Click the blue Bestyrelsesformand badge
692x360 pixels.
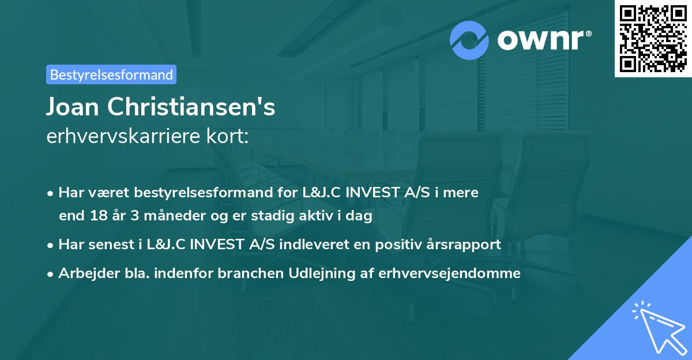[x=111, y=74]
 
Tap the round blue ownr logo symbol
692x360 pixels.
[x=470, y=40]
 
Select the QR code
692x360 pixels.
[x=653, y=38]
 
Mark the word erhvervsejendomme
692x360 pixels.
[x=449, y=273]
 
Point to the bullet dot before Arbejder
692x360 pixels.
[x=51, y=274]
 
